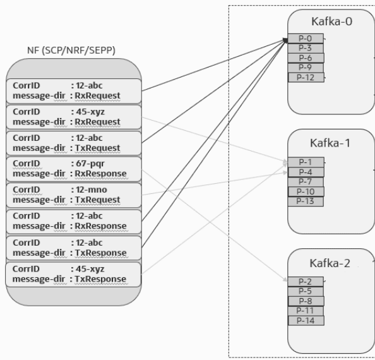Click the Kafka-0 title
coord(331,21)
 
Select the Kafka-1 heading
coord(331,141)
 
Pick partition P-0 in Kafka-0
coord(306,39)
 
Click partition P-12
coord(306,77)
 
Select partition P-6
coord(306,57)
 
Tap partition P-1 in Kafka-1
coord(306,162)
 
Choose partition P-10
coord(306,191)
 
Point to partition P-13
coord(306,201)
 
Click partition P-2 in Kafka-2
coord(306,282)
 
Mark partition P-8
coord(306,301)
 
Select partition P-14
coord(306,320)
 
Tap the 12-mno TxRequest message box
coord(74,194)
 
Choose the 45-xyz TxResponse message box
coord(74,274)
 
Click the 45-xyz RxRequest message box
coord(74,115)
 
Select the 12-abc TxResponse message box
coord(74,248)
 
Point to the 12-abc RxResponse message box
coord(74,221)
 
